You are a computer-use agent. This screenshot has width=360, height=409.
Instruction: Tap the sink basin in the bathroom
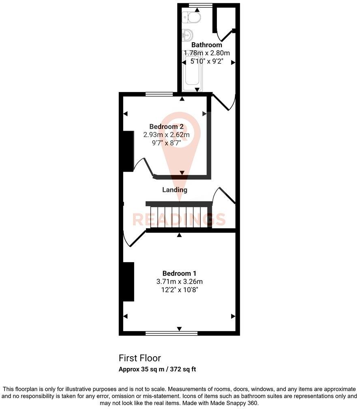(x=188, y=34)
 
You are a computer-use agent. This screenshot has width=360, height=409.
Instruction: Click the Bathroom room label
(x=207, y=45)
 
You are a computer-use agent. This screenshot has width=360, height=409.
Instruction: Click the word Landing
(x=175, y=189)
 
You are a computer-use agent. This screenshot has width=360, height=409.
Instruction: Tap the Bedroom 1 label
(x=179, y=273)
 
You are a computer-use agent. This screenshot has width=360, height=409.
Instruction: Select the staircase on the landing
(x=179, y=216)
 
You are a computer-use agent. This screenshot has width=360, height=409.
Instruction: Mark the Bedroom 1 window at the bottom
(x=171, y=333)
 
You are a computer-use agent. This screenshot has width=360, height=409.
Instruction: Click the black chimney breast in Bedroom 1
(x=129, y=282)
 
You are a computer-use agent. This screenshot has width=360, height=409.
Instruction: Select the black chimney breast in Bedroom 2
(x=128, y=150)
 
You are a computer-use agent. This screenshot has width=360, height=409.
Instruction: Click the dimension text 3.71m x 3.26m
(x=179, y=282)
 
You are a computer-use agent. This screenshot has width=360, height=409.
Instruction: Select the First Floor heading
(x=139, y=358)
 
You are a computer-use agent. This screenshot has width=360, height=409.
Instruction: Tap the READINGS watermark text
(x=179, y=219)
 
